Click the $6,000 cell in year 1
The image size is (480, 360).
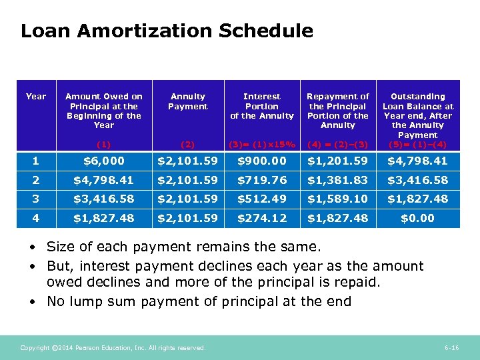point(104,161)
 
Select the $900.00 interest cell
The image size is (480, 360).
point(261,161)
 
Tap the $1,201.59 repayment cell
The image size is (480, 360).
point(338,161)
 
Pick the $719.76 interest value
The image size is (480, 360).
point(261,180)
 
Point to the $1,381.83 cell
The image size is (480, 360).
point(338,180)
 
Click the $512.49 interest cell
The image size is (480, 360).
point(261,199)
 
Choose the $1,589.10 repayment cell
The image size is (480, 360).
point(338,199)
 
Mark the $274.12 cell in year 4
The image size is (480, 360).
point(261,219)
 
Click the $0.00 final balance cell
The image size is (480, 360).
point(417,219)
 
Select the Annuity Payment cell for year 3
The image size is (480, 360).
point(188,199)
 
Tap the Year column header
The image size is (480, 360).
point(36,97)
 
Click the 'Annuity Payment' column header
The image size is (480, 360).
point(188,101)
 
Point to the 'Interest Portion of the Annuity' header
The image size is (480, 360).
point(261,106)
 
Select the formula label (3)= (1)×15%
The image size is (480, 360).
point(261,144)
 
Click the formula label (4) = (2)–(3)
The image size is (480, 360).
point(338,144)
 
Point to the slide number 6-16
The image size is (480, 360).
point(451,348)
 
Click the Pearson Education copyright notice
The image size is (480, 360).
point(113,348)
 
